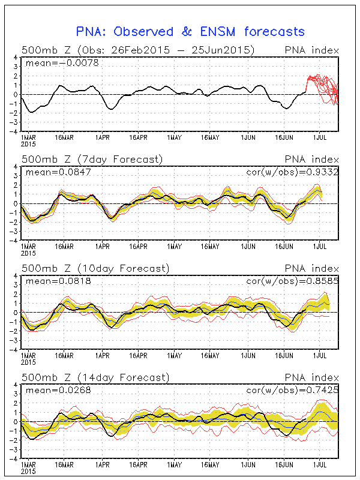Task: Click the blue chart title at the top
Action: coord(190,31)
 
